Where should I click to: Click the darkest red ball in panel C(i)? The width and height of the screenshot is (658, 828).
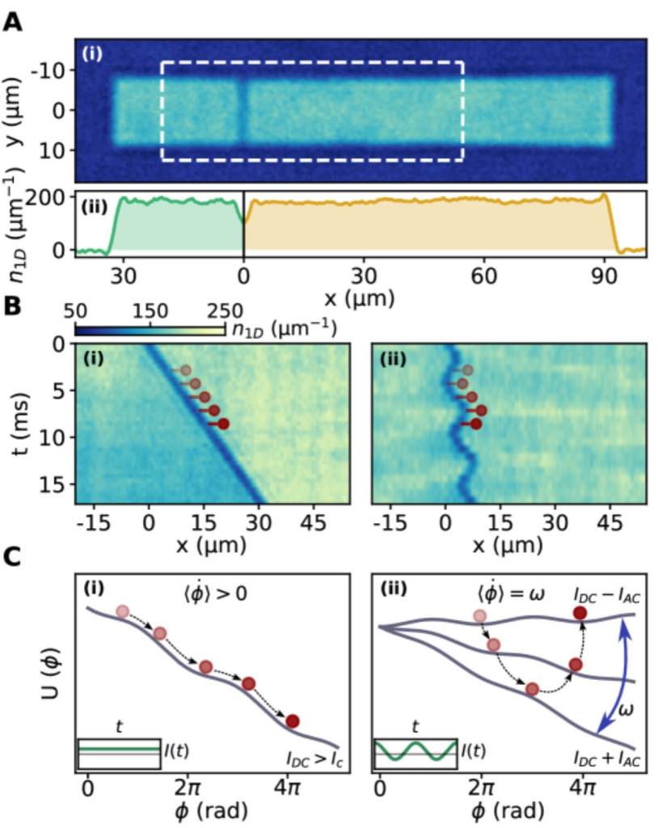click(x=293, y=720)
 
